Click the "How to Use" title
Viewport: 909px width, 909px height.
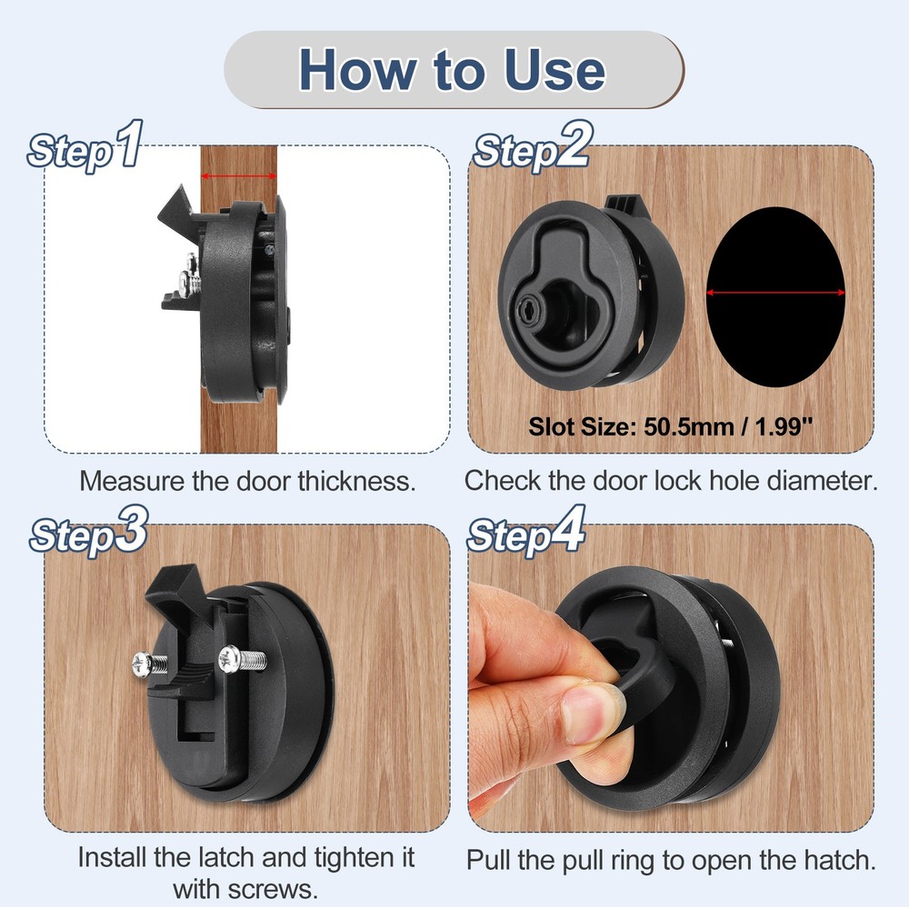(452, 70)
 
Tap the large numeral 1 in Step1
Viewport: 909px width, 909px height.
(129, 144)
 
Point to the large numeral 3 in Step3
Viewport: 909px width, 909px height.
(131, 529)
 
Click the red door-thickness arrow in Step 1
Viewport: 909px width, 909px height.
(239, 175)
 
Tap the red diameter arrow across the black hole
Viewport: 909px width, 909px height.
(775, 293)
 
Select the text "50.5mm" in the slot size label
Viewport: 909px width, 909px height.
(685, 427)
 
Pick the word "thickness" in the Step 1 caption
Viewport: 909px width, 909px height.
(357, 481)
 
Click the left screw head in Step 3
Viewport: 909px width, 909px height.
(143, 664)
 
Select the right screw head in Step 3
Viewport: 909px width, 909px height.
(229, 659)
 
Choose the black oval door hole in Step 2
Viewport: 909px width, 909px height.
(775, 297)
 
